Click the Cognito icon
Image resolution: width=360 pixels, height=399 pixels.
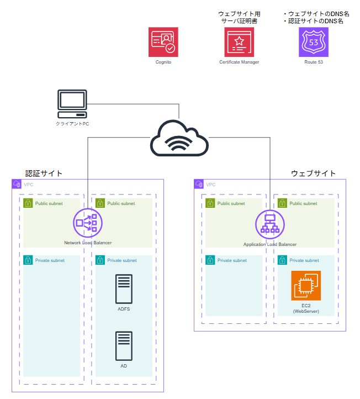(163, 43)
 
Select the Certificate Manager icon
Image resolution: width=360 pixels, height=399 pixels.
(239, 43)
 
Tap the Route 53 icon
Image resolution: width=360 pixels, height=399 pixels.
(314, 43)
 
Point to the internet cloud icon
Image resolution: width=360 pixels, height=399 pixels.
(179, 138)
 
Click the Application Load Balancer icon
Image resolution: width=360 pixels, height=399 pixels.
(270, 223)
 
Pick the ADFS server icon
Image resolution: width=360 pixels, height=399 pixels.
(124, 289)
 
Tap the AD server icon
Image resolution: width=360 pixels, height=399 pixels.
(124, 346)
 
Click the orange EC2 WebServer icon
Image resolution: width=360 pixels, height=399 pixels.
(305, 286)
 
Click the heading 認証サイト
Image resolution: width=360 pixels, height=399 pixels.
(44, 174)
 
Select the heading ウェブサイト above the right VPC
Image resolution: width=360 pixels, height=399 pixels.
(313, 174)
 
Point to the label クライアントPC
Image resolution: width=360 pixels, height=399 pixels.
(72, 124)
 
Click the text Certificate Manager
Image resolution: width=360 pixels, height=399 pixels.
(239, 62)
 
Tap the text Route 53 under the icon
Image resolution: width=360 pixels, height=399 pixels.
(314, 62)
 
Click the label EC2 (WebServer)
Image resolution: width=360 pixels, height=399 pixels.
(305, 308)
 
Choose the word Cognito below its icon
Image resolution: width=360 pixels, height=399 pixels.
(163, 62)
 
